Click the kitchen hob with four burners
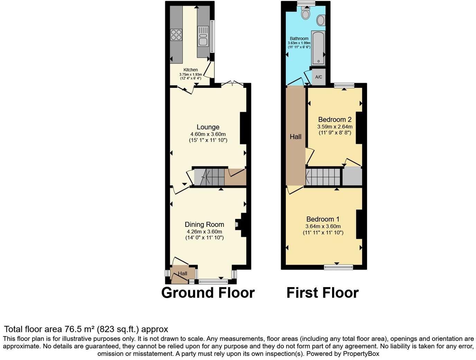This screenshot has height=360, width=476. (x=176, y=35)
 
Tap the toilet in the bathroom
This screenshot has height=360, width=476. (x=305, y=13)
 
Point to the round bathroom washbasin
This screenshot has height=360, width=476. (x=321, y=20)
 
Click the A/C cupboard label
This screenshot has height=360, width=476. (x=319, y=77)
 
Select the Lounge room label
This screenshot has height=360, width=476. (x=208, y=127)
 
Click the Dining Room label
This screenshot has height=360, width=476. (x=204, y=225)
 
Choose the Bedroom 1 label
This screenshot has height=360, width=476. (x=323, y=219)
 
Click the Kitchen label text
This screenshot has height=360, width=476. (x=191, y=70)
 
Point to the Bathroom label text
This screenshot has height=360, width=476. (x=299, y=39)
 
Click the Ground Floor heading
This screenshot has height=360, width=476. (x=208, y=293)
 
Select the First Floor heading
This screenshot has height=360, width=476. (x=322, y=293)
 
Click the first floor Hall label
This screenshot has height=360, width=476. (x=295, y=137)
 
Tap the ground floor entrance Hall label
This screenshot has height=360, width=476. (x=183, y=274)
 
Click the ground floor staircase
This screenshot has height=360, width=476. (x=209, y=177)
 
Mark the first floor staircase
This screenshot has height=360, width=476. (x=323, y=177)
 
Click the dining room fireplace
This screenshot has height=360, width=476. (x=238, y=225)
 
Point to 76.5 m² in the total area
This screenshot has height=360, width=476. (x=79, y=329)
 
